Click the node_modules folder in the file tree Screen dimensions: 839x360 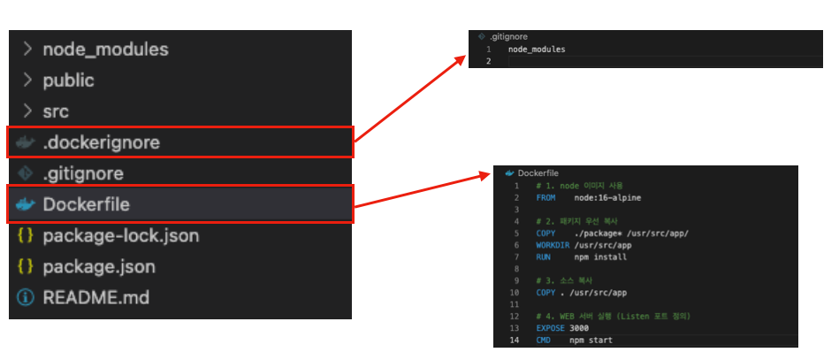[105, 50]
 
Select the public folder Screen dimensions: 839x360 [68, 80]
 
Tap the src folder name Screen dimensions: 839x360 [56, 112]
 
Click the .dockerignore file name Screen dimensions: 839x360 [102, 142]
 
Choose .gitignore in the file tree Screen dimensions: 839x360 [83, 173]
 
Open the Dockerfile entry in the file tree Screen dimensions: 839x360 [86, 204]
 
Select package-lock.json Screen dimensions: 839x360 [120, 236]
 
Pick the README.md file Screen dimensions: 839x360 [95, 298]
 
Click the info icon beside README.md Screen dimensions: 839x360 [26, 298]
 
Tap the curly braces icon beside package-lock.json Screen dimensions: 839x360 [26, 236]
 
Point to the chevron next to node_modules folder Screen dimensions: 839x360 [27, 50]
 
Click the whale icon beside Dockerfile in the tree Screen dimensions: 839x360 [26, 204]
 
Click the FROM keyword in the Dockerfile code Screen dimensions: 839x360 [545, 198]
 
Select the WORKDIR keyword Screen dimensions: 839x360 [553, 245]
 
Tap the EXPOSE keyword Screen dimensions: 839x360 [550, 328]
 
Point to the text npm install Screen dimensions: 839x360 [599, 257]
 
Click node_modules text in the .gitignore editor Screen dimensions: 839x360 [536, 50]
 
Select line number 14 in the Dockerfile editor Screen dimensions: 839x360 [514, 340]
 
